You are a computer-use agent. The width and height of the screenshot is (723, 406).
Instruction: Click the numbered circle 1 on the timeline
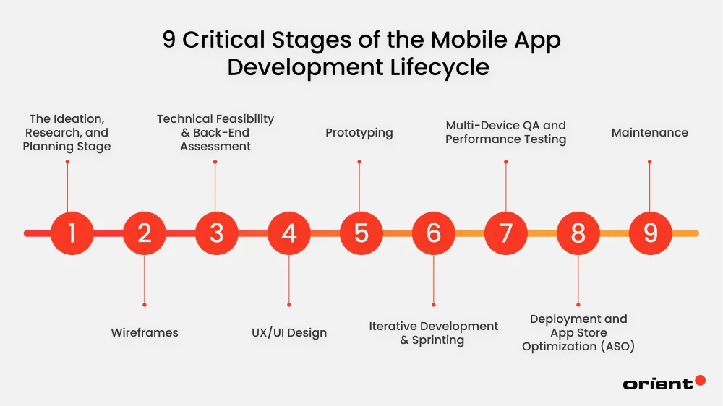click(x=72, y=233)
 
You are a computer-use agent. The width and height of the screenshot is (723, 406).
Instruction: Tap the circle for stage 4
click(x=289, y=233)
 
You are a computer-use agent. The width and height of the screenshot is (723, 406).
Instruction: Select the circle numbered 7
click(x=506, y=233)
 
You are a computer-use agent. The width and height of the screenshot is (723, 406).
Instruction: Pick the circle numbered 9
click(x=651, y=233)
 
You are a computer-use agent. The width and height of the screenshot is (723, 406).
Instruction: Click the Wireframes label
click(x=145, y=333)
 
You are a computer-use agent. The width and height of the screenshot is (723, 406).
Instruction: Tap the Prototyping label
click(x=359, y=133)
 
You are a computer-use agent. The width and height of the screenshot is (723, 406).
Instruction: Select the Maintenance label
click(x=649, y=133)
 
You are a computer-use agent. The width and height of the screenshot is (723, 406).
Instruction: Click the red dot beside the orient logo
click(x=700, y=380)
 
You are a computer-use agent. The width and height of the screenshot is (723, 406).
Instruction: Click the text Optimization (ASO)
click(x=578, y=347)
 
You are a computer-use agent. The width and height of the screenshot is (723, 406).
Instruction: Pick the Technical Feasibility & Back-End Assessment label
click(x=215, y=133)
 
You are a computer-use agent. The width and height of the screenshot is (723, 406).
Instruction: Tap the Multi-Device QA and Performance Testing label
click(x=505, y=133)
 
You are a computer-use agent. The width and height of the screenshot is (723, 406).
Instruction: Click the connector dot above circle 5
click(x=359, y=162)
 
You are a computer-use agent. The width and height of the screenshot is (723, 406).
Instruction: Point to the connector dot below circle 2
click(x=145, y=305)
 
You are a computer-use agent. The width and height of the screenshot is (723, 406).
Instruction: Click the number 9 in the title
click(x=168, y=40)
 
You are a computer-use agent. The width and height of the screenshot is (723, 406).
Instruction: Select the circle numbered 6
click(x=434, y=233)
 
